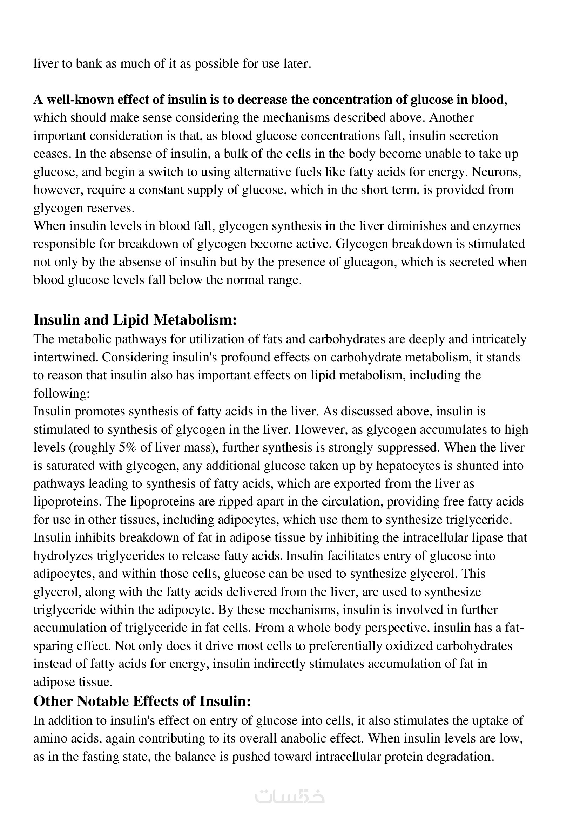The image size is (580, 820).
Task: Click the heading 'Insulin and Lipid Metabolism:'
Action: (135, 320)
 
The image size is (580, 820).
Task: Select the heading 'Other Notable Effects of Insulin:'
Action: (142, 702)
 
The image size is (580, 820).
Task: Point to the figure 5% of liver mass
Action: (126, 447)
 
